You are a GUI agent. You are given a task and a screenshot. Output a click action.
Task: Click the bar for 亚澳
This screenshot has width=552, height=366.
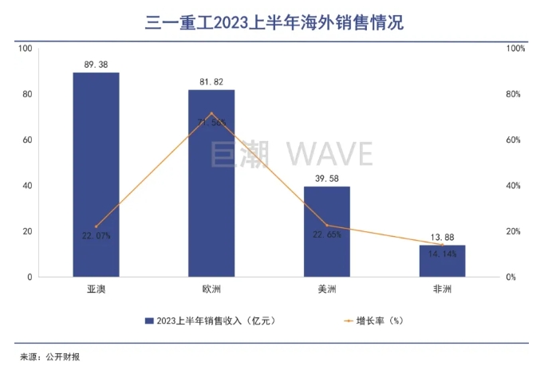point(96,175)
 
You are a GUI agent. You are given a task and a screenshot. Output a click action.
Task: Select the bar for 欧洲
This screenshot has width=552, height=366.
point(211,183)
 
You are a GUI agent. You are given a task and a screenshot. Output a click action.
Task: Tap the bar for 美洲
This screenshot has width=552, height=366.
point(326,231)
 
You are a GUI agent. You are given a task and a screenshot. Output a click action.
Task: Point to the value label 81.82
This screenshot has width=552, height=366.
point(211,81)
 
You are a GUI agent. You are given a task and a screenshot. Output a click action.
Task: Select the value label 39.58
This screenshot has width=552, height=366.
point(327,178)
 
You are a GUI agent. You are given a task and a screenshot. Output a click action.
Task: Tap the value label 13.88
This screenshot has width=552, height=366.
point(442,237)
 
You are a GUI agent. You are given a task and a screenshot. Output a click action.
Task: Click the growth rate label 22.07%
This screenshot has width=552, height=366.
point(97,236)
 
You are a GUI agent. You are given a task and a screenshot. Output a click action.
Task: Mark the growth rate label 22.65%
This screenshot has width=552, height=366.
point(327,234)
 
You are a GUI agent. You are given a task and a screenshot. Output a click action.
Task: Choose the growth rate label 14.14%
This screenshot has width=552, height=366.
point(442,254)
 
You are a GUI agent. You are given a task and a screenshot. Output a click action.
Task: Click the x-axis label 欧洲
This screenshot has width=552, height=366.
point(211,289)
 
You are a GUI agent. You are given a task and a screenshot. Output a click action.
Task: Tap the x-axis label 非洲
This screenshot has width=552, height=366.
point(442,289)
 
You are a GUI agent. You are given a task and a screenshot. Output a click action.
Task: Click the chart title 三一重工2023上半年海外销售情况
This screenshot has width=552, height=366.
point(274,22)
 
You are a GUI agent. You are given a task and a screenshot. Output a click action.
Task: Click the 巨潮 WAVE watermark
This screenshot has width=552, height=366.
point(292,152)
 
